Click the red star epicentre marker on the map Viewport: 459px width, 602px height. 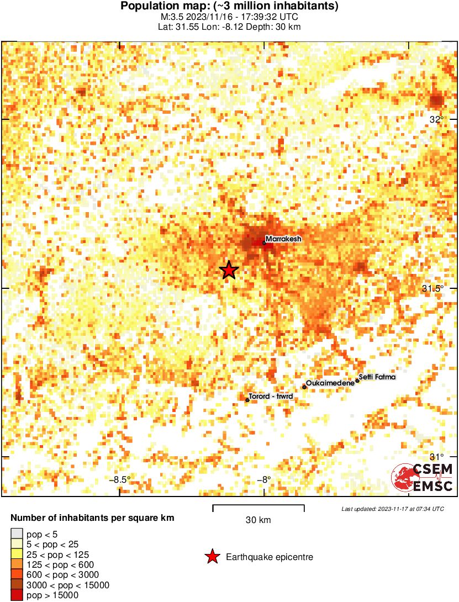[229, 270]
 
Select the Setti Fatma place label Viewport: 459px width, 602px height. [377, 377]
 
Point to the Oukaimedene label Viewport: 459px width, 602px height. [330, 383]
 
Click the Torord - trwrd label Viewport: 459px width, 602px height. [271, 397]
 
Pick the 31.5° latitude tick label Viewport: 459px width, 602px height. [433, 288]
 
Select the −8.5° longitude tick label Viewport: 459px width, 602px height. [120, 479]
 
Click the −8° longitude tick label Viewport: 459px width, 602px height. [264, 479]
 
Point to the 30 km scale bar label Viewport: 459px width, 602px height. [258, 520]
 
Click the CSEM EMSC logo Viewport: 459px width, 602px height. [422, 478]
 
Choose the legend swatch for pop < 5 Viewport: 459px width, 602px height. [17, 534]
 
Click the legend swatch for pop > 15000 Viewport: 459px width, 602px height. [17, 595]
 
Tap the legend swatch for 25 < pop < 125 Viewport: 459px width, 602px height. [17, 554]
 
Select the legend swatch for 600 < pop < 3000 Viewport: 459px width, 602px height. [17, 574]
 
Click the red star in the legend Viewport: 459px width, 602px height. [212, 557]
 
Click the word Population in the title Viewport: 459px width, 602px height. [144, 7]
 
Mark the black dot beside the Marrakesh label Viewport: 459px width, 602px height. [264, 243]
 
